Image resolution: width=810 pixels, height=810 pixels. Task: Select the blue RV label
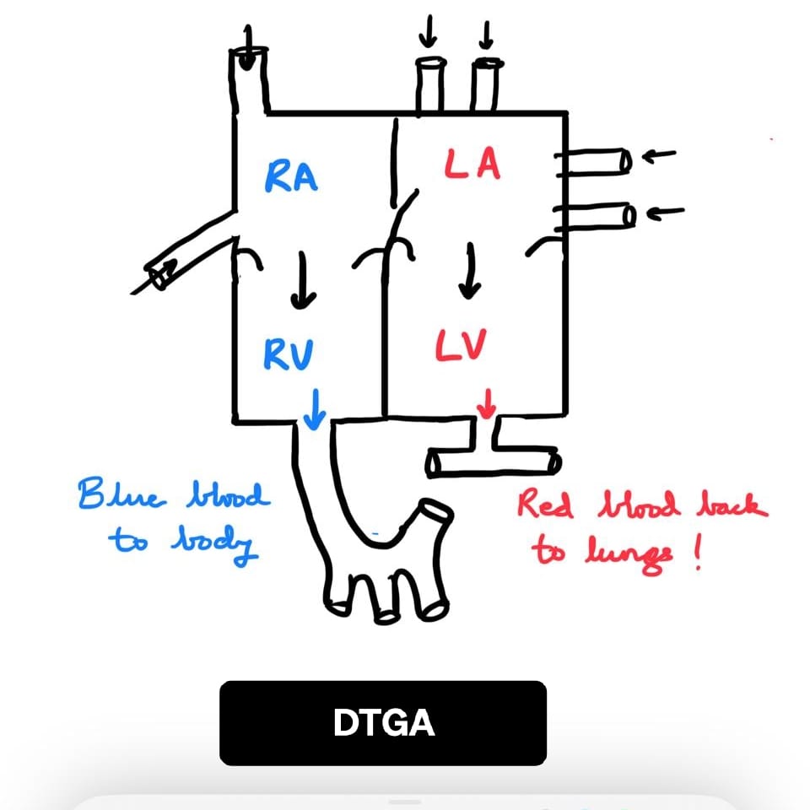tap(289, 354)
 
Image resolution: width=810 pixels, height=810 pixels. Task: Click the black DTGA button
tap(383, 723)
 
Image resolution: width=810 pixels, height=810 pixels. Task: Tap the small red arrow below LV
tap(486, 403)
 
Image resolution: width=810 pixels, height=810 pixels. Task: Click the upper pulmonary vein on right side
tap(595, 160)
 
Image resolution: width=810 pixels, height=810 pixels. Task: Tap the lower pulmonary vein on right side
tap(595, 216)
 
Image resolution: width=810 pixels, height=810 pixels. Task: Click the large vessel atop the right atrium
tap(250, 80)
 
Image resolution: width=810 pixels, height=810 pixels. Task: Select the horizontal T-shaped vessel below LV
tap(493, 462)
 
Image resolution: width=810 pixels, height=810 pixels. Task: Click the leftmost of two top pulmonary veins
tap(429, 84)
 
